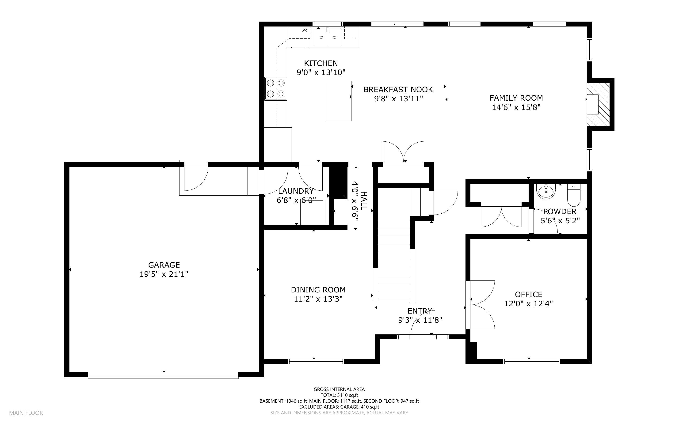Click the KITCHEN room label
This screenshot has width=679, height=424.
click(321, 63)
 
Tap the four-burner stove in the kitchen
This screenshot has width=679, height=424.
click(276, 89)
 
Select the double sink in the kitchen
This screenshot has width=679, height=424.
click(328, 37)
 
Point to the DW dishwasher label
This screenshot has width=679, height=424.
click(305, 30)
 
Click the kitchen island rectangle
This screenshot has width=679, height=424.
click(338, 101)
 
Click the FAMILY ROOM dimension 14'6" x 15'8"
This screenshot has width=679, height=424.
click(516, 107)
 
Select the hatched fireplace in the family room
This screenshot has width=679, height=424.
click(599, 104)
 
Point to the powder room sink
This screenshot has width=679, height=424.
click(546, 191)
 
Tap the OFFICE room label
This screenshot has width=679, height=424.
click(528, 295)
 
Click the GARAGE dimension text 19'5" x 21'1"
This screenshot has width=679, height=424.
click(164, 274)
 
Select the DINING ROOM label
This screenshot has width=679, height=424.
click(318, 290)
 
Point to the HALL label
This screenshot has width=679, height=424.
click(364, 201)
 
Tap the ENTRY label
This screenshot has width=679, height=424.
click(420, 311)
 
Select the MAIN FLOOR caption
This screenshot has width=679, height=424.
click(26, 413)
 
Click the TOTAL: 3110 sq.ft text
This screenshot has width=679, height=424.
click(339, 395)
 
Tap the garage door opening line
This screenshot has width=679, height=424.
click(163, 378)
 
